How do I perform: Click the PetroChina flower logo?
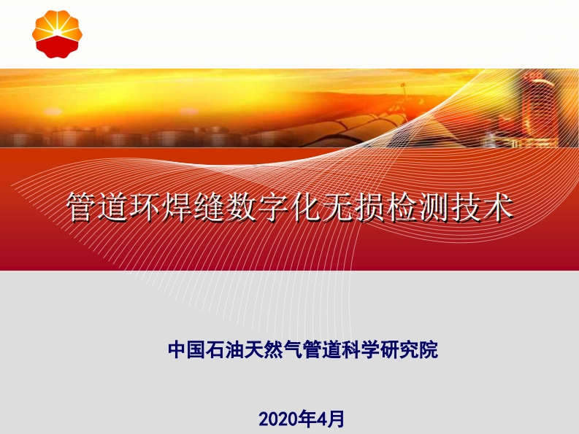[57, 34]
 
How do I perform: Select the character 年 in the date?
[306, 419]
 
